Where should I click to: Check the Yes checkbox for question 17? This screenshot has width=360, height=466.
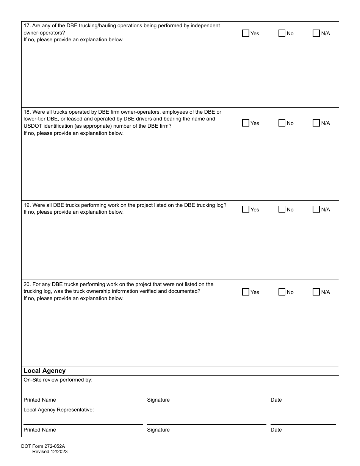[246, 33]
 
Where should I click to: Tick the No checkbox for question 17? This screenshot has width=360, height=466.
[282, 33]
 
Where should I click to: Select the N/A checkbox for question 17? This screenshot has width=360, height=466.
[316, 33]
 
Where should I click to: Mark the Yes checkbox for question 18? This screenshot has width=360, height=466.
[246, 123]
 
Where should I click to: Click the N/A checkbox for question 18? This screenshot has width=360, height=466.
[316, 123]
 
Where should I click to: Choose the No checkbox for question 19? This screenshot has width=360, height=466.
[282, 209]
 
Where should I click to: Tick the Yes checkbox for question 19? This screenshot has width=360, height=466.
[246, 209]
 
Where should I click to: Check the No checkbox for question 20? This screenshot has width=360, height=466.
[282, 292]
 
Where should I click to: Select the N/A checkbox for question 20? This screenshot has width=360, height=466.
[316, 292]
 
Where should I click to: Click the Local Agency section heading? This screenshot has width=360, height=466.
[44, 371]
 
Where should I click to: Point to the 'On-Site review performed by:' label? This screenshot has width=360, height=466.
[58, 380]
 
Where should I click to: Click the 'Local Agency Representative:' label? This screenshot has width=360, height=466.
[59, 410]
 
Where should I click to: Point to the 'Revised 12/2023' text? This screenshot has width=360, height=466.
[50, 452]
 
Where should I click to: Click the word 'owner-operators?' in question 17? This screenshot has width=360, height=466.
[44, 33]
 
